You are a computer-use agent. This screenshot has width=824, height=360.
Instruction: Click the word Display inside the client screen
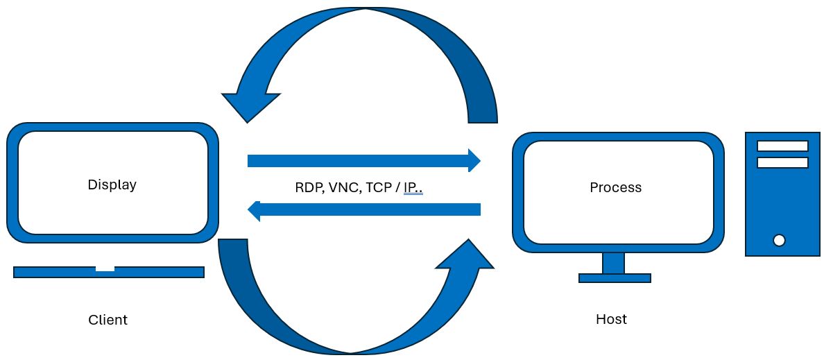(112, 185)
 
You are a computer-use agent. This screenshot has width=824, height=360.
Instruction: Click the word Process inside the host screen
(615, 187)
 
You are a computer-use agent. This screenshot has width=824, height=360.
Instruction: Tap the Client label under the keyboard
(108, 320)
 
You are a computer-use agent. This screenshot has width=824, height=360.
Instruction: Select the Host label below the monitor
(611, 319)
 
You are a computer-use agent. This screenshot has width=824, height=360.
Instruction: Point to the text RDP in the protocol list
(307, 187)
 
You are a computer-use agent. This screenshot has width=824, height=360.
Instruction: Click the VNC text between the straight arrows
(343, 187)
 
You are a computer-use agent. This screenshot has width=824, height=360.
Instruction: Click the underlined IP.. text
(413, 187)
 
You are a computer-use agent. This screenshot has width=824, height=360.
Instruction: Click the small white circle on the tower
(779, 240)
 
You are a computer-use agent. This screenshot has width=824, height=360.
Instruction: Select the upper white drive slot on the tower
(782, 146)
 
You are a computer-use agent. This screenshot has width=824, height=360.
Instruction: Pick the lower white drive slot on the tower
(782, 162)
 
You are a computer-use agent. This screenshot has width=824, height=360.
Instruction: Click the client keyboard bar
(55, 272)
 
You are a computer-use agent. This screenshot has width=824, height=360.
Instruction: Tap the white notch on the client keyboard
(105, 268)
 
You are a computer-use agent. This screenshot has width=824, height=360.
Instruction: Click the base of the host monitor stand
(615, 278)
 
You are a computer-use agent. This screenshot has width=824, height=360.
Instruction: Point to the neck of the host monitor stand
(613, 263)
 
